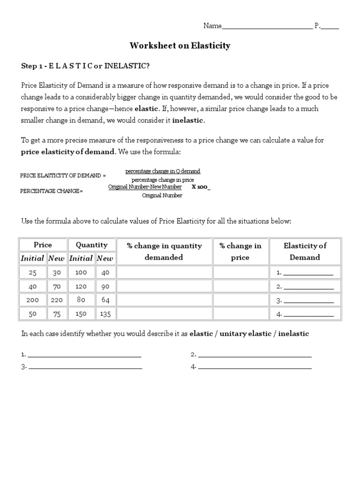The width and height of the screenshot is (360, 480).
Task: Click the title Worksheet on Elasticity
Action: point(180,45)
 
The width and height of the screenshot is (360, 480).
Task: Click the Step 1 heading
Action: point(85,66)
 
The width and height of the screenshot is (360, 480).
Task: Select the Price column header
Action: point(43,245)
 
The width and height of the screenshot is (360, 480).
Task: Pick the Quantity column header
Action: point(91,245)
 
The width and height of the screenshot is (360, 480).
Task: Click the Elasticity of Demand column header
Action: point(305,251)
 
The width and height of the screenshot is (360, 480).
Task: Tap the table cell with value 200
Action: point(32,300)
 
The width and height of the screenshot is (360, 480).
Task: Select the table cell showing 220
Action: point(57,300)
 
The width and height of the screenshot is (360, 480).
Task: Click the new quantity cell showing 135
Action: point(105,314)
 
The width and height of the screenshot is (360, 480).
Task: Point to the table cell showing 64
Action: point(105,300)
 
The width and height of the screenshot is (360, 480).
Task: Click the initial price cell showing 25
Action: point(32,272)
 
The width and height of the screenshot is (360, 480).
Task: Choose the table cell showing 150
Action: point(81,314)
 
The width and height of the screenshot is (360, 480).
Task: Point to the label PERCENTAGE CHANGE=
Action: point(52,191)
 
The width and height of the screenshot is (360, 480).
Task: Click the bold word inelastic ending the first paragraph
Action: point(188,120)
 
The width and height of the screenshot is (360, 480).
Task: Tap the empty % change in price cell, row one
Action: point(240,272)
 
